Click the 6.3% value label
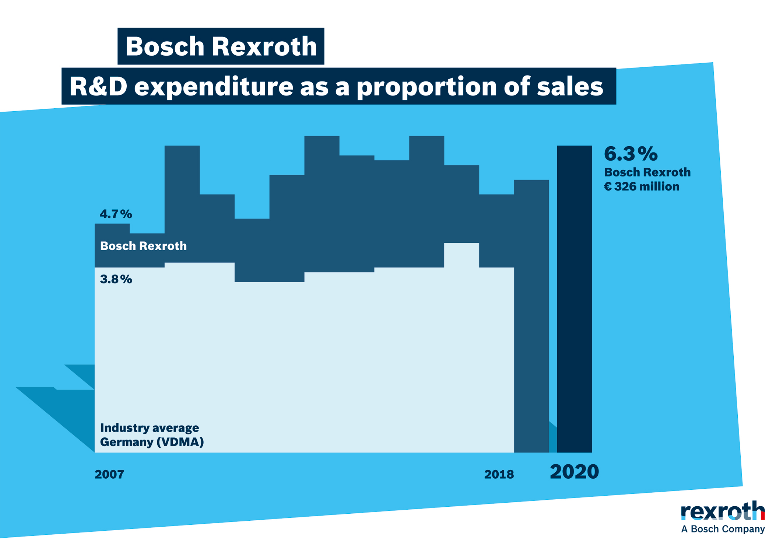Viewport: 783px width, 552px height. [631, 154]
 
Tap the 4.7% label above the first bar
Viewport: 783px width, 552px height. [116, 214]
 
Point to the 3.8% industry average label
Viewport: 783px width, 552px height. [116, 279]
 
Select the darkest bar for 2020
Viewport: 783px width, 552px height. [574, 298]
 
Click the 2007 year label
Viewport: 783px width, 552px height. [109, 474]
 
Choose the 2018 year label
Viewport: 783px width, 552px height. [499, 474]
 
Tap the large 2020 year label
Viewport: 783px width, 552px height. [574, 472]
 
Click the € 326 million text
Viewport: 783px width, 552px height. [642, 186]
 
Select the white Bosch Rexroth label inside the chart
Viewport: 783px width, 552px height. [143, 246]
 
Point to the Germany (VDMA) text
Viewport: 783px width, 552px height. [152, 442]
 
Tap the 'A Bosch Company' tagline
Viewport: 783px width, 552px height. [723, 529]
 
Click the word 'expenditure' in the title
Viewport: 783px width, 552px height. [213, 87]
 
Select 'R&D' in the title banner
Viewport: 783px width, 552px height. [98, 87]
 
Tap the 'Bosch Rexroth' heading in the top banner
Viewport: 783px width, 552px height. [221, 46]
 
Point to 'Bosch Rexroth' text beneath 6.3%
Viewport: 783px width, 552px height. [647, 172]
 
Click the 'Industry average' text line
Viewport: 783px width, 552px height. [150, 428]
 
